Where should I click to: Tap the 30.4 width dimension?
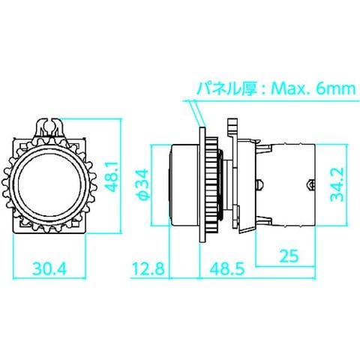tap(50, 268)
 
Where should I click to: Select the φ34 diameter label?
tap(143, 185)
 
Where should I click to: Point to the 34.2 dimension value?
tap(337, 184)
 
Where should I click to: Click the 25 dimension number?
tap(289, 256)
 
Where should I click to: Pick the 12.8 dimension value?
tap(148, 268)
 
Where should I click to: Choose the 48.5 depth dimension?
tap(227, 268)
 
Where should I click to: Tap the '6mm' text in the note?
tap(335, 89)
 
